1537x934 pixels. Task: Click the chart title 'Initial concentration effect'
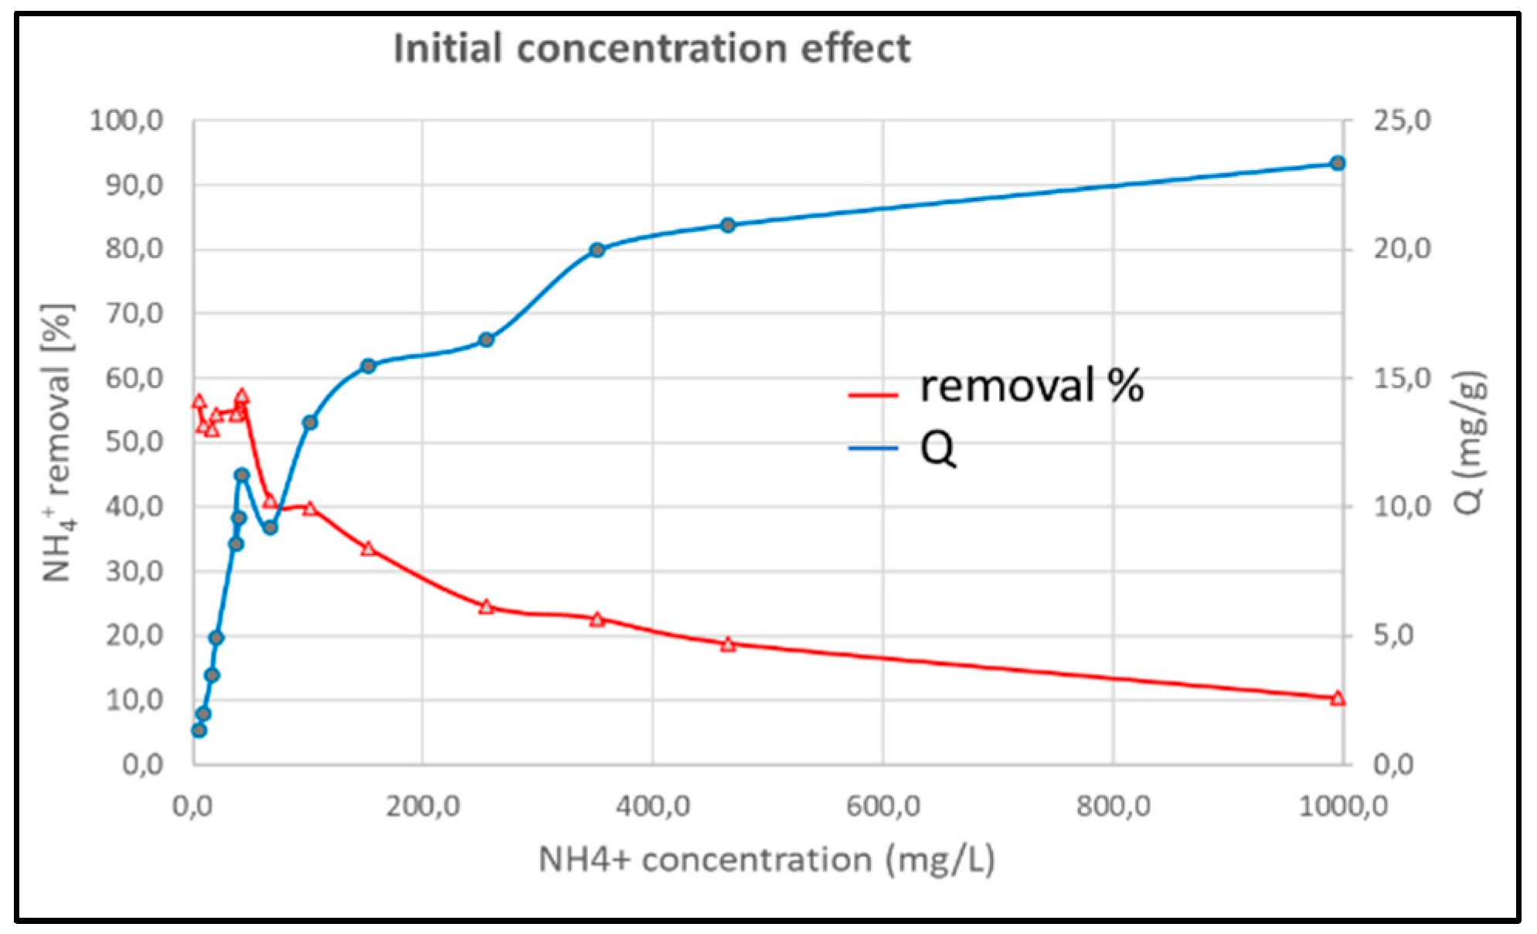tap(651, 48)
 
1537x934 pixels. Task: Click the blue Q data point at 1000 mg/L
tap(1338, 163)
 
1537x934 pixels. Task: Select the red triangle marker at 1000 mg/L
tap(1338, 698)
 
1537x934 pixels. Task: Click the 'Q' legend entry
tap(937, 448)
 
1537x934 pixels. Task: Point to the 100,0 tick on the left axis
tap(127, 121)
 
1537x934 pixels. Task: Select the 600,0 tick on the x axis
tap(882, 806)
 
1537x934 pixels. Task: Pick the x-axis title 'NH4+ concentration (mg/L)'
tap(766, 859)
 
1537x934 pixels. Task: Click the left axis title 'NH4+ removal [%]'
tap(59, 442)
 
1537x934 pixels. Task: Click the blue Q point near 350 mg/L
tap(597, 250)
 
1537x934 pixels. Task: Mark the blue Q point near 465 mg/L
tap(728, 225)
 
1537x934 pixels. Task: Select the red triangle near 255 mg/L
tap(486, 607)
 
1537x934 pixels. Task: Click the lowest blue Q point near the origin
tap(199, 730)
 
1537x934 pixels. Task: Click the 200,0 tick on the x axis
tap(423, 806)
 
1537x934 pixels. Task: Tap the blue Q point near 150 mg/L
tap(368, 366)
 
